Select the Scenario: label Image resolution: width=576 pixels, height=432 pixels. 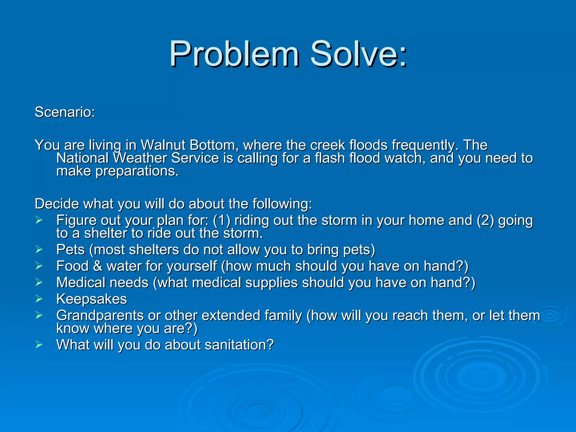65,112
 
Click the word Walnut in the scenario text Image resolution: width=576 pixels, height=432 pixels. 163,145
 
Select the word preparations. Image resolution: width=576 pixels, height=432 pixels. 137,171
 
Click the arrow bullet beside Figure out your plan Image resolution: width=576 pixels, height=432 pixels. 39,220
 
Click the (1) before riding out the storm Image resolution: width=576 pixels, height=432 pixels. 222,220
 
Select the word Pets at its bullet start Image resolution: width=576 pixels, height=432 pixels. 70,249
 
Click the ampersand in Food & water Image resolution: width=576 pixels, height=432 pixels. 97,266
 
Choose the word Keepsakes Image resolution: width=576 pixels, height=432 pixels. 91,299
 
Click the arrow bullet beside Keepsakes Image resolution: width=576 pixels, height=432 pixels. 39,299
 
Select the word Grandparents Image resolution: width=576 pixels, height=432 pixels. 100,316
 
